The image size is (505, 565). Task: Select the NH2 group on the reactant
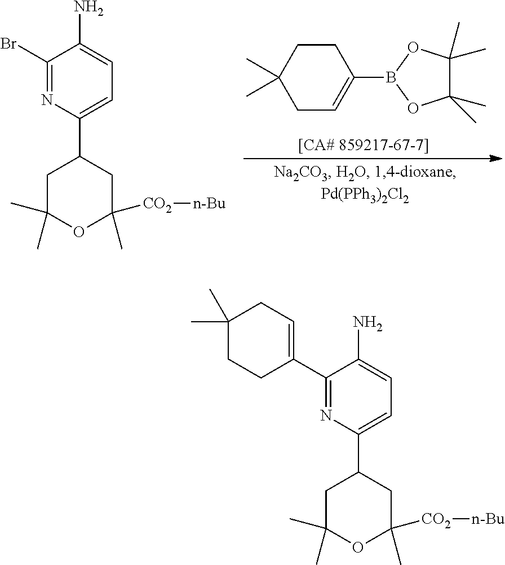click(90, 10)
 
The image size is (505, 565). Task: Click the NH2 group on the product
click(367, 325)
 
